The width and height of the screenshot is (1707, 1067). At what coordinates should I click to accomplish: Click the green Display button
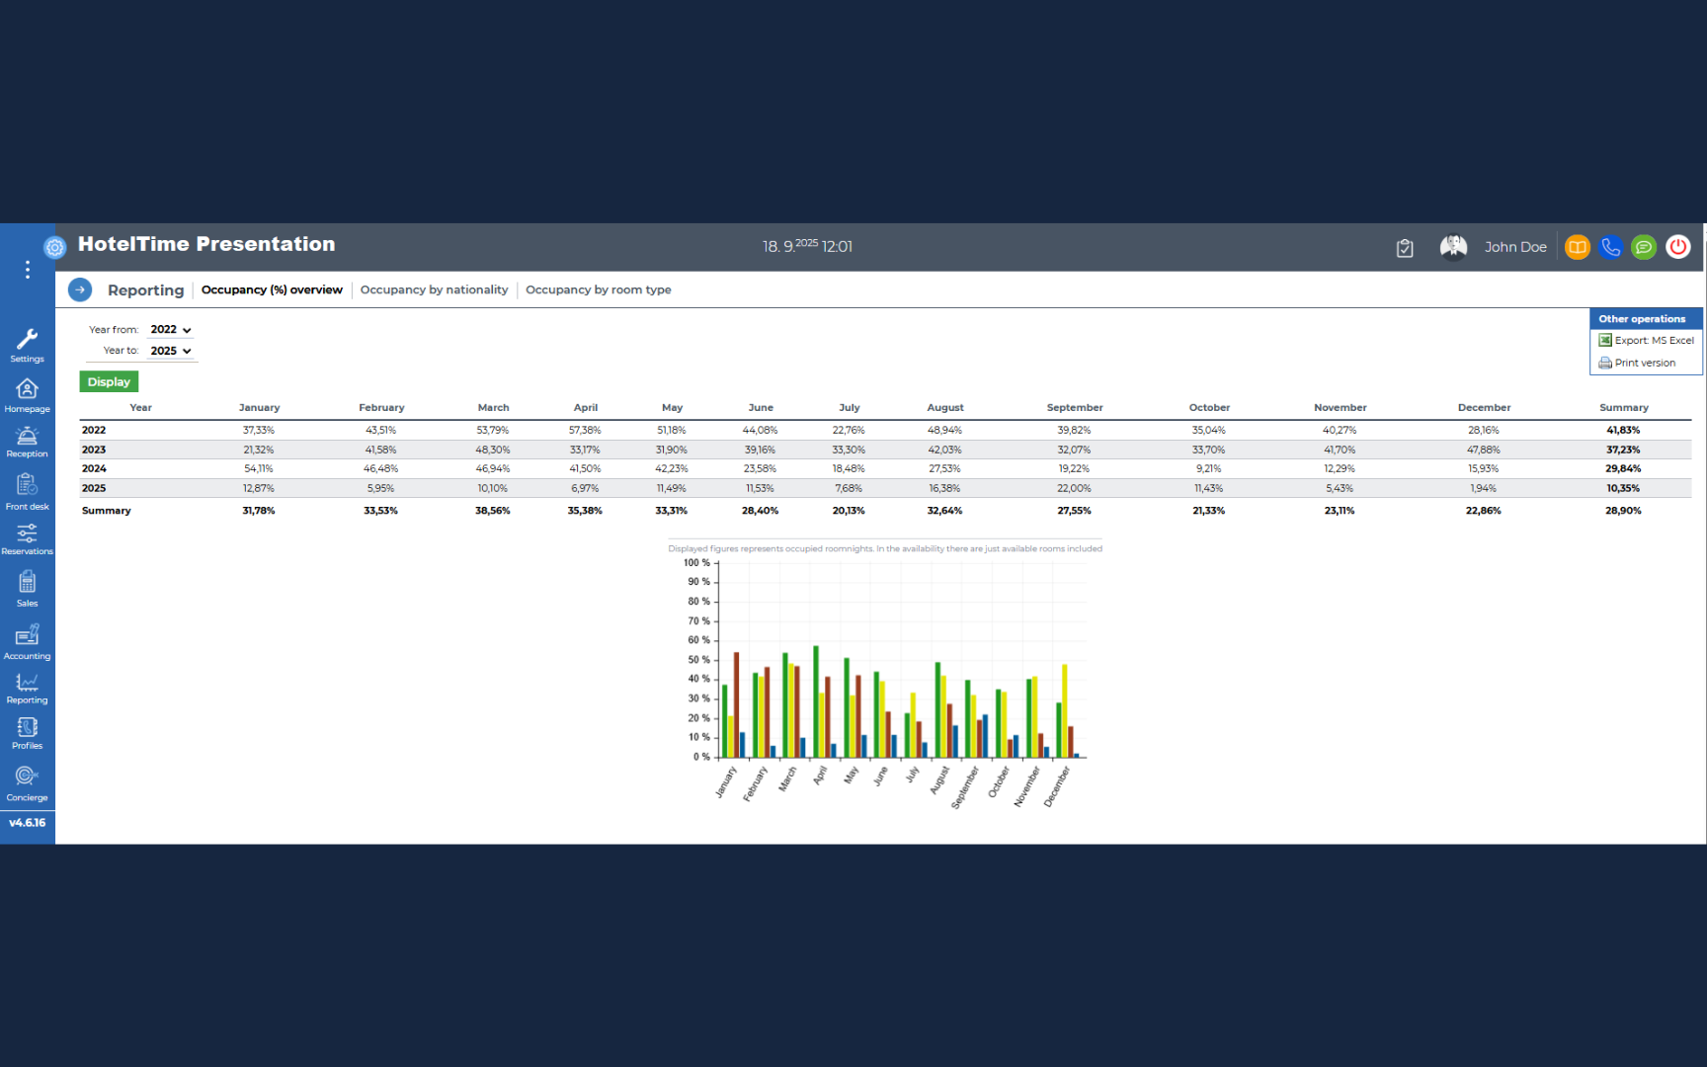point(109,381)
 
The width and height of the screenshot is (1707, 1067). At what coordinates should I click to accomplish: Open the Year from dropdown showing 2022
point(171,330)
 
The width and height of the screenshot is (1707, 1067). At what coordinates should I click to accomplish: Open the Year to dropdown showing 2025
point(171,351)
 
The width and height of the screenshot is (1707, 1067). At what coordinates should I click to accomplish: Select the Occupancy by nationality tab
point(434,289)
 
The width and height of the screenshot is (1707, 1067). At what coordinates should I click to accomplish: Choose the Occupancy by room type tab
point(598,289)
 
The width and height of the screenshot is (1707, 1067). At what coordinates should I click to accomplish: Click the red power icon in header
point(1677,247)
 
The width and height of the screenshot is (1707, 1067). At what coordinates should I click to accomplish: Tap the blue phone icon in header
point(1610,247)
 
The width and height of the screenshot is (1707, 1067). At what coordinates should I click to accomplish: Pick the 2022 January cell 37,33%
point(259,430)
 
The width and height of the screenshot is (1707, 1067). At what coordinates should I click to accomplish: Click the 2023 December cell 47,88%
point(1484,450)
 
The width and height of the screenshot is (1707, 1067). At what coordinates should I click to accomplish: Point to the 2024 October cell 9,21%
point(1208,468)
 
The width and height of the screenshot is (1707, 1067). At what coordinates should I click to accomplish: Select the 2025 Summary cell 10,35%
point(1623,488)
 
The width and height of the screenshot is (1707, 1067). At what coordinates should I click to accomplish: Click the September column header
point(1075,407)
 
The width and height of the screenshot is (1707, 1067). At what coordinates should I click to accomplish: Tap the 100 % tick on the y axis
point(696,563)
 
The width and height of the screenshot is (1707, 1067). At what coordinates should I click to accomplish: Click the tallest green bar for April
point(816,701)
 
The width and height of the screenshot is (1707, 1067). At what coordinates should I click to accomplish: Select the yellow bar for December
point(1065,710)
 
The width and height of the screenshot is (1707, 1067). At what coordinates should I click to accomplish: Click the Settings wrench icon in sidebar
point(28,340)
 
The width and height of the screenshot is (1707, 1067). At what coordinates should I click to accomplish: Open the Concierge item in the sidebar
point(27,783)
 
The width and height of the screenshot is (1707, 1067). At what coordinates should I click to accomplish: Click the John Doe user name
point(1515,247)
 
